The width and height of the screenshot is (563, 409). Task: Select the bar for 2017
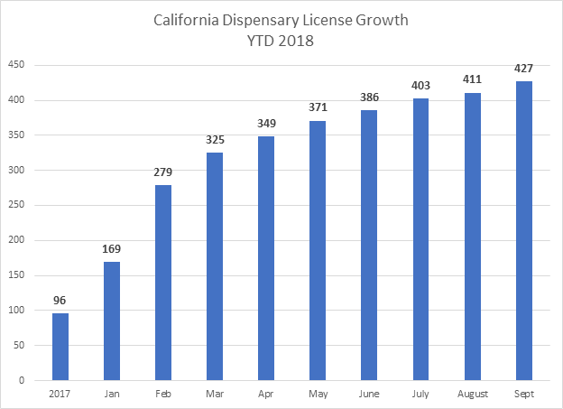point(60,347)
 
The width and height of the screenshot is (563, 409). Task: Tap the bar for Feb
point(163,283)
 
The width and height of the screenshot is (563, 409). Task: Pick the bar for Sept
point(524,231)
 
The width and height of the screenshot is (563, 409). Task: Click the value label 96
point(60,301)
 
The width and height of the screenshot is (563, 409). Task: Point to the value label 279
point(163,173)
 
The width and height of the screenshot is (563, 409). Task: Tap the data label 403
point(421,87)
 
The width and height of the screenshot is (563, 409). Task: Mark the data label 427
point(524,70)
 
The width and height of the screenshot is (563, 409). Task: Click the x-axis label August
point(473,395)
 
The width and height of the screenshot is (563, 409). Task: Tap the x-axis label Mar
point(215,395)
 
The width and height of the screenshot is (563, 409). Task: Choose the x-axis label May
point(318,395)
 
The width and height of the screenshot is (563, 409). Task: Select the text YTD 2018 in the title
point(281,42)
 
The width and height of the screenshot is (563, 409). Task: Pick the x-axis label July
point(421,395)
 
